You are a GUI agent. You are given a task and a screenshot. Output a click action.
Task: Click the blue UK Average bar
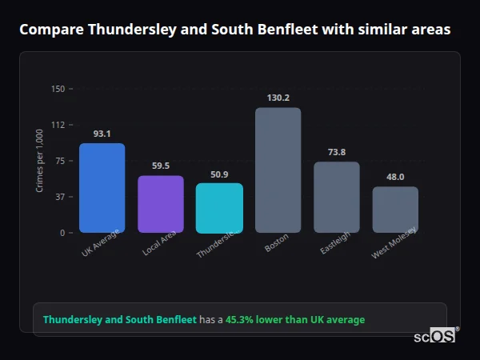102,188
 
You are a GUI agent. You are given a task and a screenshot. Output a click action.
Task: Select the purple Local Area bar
160,204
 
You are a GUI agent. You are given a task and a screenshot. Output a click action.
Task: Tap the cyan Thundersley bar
219,208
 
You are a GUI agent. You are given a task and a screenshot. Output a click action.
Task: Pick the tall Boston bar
278,170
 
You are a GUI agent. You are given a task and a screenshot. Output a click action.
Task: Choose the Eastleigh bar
336,197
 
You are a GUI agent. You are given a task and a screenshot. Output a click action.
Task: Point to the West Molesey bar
395,210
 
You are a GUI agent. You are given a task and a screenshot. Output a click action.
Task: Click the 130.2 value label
278,98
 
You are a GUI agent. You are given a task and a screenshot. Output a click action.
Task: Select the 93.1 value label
102,134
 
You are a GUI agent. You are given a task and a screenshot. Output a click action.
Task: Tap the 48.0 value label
395,177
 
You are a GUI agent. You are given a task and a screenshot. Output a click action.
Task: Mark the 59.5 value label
160,166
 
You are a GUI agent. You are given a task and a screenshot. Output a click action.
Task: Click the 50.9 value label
219,174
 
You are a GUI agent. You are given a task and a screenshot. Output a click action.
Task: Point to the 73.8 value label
336,152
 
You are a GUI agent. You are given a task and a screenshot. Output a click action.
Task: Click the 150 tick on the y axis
58,89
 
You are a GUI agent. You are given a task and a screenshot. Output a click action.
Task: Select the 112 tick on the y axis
58,125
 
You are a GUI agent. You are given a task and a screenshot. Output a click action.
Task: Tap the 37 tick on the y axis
60,197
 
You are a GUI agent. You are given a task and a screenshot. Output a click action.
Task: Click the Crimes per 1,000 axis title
39,161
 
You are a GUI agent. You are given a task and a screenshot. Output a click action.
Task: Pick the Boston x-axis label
277,243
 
